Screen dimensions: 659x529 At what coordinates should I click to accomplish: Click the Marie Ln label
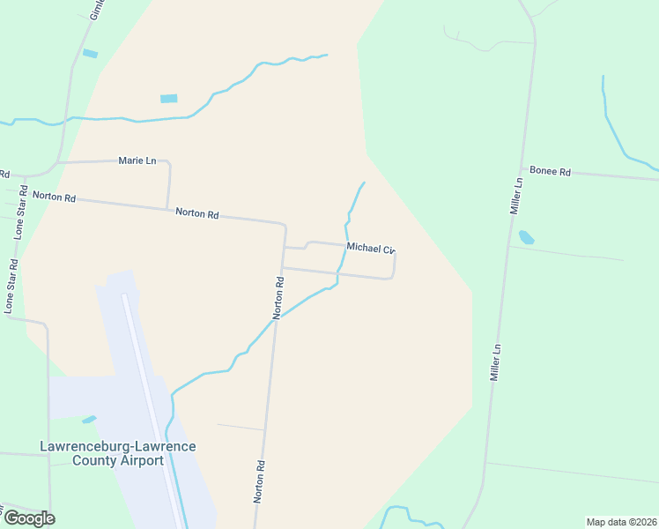pos(137,160)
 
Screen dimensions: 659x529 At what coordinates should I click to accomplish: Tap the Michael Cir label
pos(369,248)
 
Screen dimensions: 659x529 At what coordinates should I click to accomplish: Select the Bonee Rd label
pos(551,172)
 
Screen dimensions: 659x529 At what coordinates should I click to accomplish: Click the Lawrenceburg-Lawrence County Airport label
pos(118,453)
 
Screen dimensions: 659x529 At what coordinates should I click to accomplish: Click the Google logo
pos(29,518)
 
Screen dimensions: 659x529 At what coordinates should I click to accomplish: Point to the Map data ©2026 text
pos(621,522)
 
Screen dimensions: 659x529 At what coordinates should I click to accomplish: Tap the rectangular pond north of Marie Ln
pos(169,98)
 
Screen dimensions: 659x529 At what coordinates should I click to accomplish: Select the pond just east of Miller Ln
pos(527,237)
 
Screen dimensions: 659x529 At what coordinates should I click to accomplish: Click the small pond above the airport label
pos(89,419)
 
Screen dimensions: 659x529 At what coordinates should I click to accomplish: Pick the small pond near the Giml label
pos(90,54)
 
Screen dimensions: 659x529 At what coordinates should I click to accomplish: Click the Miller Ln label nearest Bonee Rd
pos(517,197)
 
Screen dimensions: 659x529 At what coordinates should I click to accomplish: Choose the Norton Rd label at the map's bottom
pos(260,481)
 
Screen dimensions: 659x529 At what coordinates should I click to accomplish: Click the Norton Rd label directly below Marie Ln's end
pos(196,212)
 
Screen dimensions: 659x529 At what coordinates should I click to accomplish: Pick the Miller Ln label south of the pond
pos(496,362)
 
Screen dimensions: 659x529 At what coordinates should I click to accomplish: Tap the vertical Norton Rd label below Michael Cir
pos(278,298)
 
